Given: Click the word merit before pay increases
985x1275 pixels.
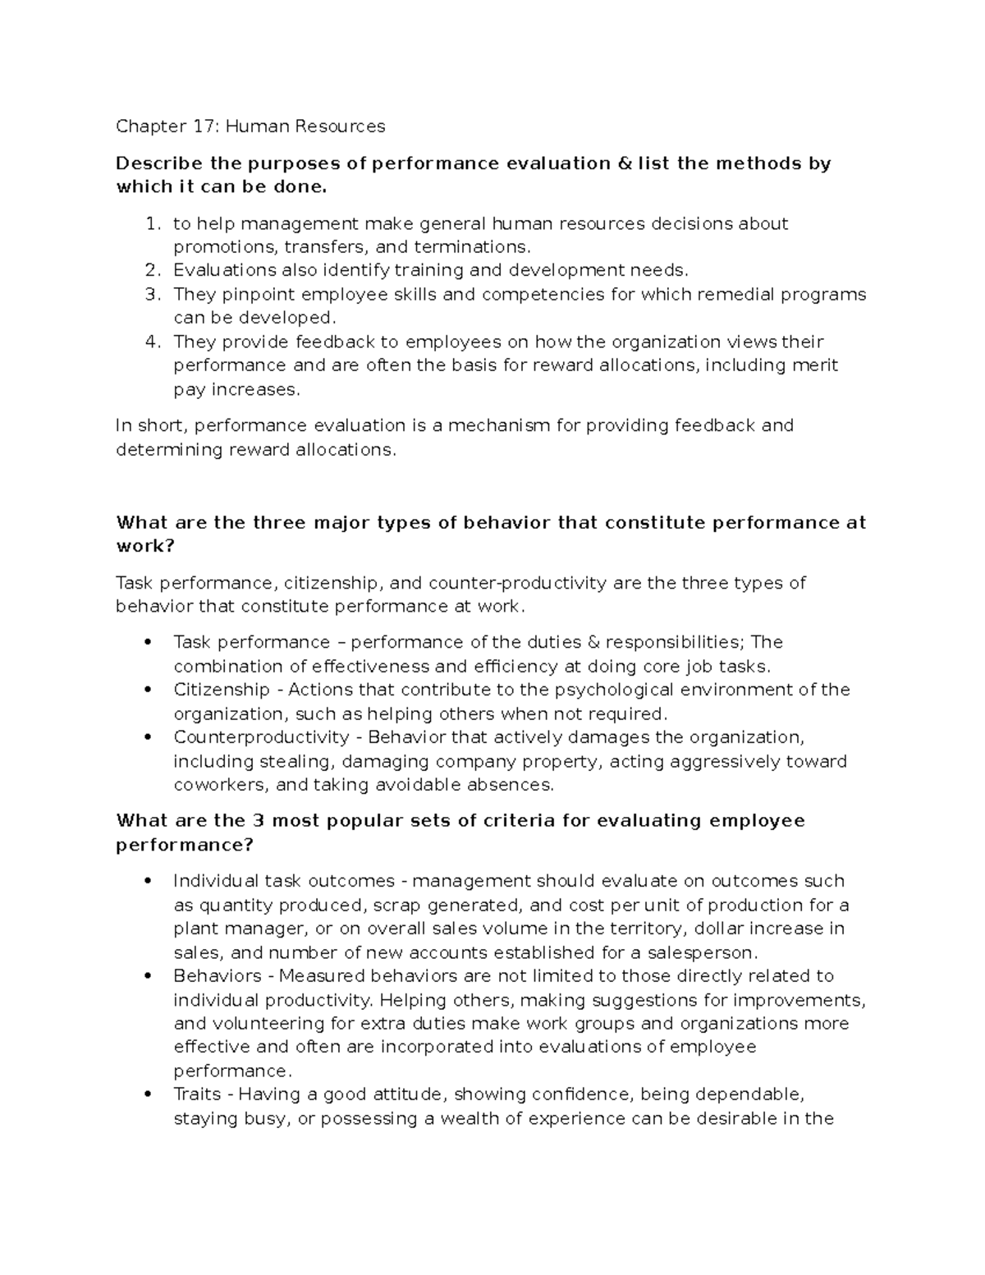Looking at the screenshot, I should coord(816,365).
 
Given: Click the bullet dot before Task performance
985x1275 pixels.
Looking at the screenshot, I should coord(148,642).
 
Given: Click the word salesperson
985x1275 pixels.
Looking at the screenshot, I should coord(703,953).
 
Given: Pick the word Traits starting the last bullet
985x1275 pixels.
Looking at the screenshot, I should coord(197,1094).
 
